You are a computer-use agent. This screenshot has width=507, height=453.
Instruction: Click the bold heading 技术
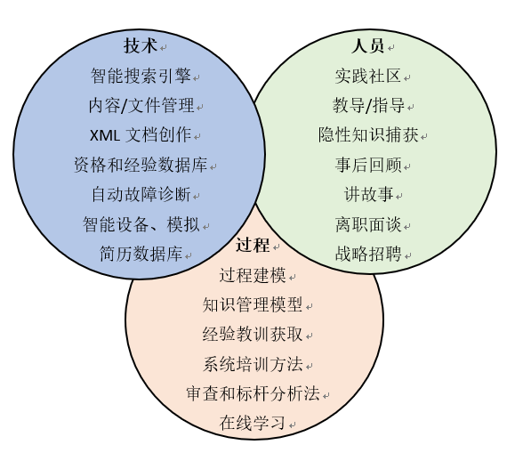coord(141,45)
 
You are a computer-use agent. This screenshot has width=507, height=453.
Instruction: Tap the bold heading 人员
coord(368,45)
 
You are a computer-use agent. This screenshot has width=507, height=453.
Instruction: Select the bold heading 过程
coord(253,245)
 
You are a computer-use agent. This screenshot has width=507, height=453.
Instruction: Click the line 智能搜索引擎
coord(141,76)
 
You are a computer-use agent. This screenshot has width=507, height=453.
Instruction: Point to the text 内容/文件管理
coord(141,105)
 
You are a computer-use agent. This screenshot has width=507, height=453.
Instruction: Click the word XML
coord(104,135)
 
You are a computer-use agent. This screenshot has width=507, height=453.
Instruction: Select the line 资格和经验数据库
coord(141,165)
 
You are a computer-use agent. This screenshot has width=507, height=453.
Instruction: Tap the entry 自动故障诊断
coord(141,195)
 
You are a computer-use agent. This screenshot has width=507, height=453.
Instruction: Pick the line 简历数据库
coord(141,254)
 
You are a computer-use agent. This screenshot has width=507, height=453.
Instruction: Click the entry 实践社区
coord(368,76)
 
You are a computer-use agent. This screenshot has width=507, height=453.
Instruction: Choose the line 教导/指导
coord(368,105)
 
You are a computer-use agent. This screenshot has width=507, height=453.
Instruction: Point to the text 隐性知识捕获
coord(368,135)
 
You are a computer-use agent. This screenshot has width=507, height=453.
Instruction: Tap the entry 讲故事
coord(368,195)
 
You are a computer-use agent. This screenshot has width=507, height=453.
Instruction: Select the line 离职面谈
coord(368,224)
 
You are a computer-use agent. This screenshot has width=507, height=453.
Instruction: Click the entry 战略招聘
coord(368,254)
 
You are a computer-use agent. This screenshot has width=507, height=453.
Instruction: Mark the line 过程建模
coord(253,275)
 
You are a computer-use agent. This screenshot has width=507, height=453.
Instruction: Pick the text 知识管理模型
coord(253,304)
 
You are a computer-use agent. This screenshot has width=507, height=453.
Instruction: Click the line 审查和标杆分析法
coord(253,393)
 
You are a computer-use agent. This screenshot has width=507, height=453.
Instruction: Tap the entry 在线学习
coord(253,423)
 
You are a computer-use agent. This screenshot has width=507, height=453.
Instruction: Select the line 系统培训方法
coord(253,364)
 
